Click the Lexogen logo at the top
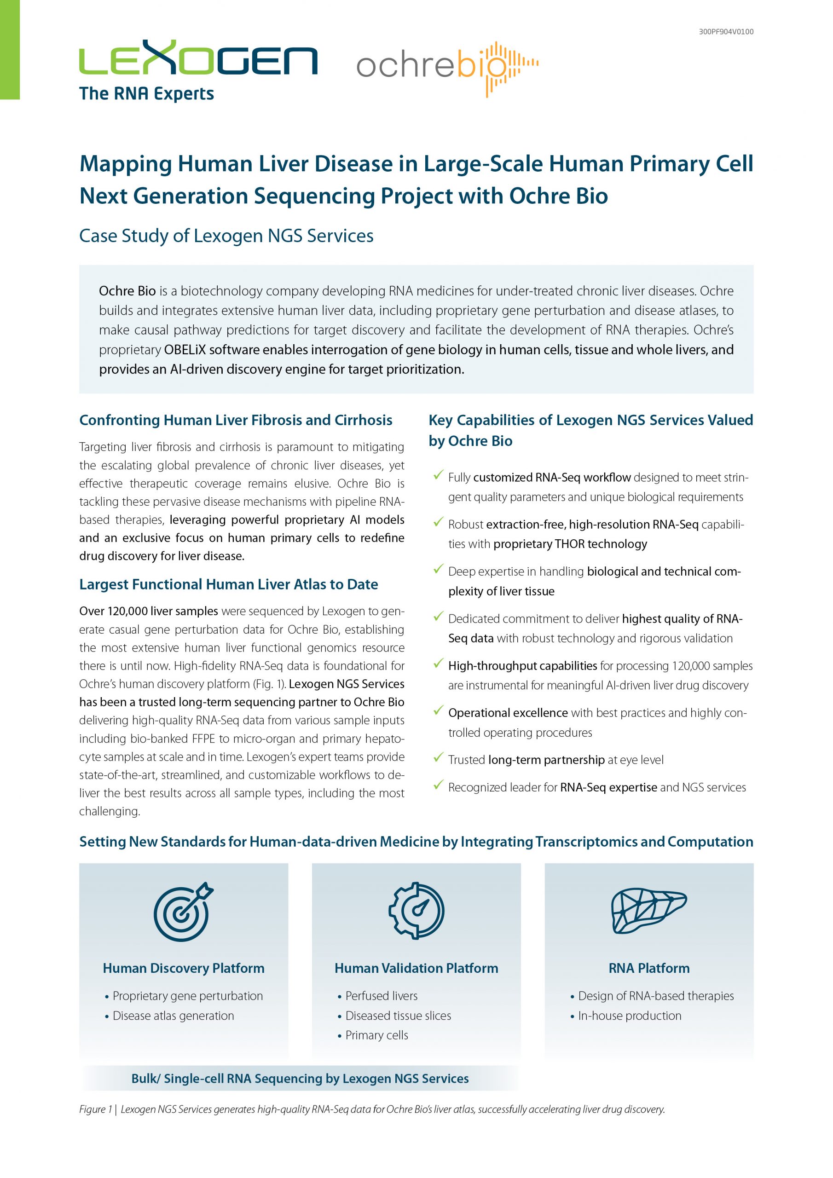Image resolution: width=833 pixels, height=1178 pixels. coord(198,58)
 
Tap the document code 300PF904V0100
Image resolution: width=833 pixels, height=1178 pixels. coord(726,32)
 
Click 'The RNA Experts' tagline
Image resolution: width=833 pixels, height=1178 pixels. coord(146,94)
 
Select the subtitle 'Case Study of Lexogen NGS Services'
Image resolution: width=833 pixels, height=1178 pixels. coord(226,236)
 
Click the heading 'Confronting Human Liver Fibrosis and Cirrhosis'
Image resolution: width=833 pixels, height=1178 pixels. coord(236,420)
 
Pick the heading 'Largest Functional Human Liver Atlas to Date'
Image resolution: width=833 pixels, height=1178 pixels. coord(228,584)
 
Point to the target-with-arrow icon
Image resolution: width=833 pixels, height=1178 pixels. coord(183,911)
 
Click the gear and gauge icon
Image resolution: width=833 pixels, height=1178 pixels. coord(416,911)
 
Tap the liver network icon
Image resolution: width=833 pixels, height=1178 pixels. coord(649,912)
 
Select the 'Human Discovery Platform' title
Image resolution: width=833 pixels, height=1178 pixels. coord(183,968)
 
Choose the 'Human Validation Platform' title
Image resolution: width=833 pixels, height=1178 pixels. coord(416,968)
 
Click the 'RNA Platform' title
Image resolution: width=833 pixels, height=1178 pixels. coord(649,968)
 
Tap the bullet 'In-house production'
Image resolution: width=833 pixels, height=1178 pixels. coord(629,1016)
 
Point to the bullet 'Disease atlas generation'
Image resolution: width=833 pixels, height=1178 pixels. coord(173,1016)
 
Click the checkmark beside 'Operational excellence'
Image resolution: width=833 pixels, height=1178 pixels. coord(438,710)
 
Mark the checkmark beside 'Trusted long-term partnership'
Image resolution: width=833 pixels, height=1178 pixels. coord(438,757)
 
